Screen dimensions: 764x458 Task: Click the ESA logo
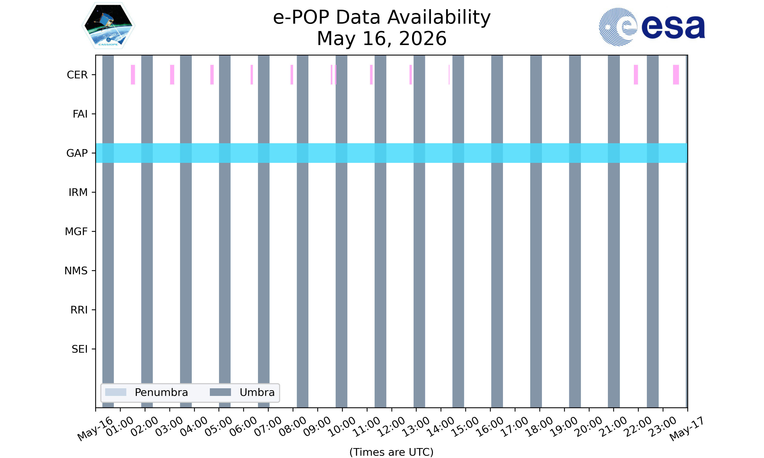[x=652, y=27]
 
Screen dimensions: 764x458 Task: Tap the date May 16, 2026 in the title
[x=382, y=39]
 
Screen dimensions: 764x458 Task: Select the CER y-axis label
[x=77, y=75]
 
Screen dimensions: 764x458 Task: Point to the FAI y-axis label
[x=80, y=114]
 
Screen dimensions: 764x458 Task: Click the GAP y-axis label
[x=77, y=153]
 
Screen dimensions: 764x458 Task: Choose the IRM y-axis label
[x=78, y=192]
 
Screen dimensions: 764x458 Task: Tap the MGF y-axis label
[x=76, y=232]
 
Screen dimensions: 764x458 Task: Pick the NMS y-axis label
[x=76, y=271]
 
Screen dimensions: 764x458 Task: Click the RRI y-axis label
[x=79, y=310]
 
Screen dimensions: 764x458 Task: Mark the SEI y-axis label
[x=80, y=349]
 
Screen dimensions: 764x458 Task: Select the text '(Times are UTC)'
[x=391, y=452]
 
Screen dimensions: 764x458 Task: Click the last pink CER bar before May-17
[x=676, y=75]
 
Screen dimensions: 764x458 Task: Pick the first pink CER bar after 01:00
[x=133, y=75]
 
